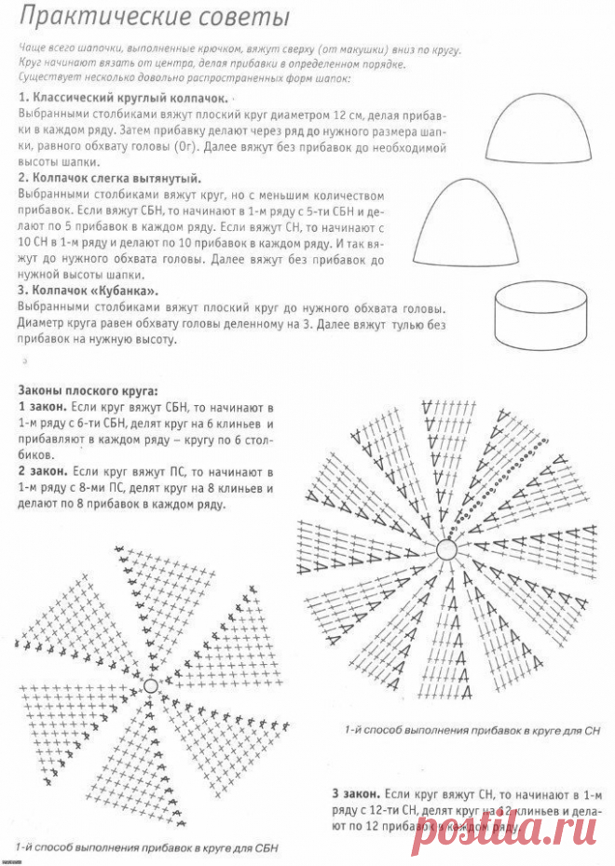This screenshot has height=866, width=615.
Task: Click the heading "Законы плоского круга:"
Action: pyautogui.click(x=88, y=391)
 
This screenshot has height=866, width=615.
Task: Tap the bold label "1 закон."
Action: pyautogui.click(x=42, y=408)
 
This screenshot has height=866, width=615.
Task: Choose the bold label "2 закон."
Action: pyautogui.click(x=42, y=472)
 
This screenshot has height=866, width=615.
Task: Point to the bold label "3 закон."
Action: pyautogui.click(x=354, y=793)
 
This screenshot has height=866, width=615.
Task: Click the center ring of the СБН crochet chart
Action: pyautogui.click(x=151, y=686)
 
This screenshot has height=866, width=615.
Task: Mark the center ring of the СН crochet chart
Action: pyautogui.click(x=445, y=550)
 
